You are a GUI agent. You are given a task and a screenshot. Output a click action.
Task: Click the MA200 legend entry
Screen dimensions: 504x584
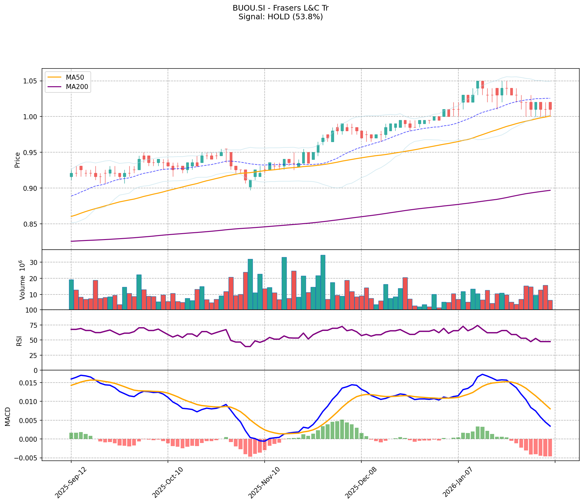coord(76,87)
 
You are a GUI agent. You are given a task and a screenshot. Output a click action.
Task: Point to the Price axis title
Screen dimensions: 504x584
coord(17,160)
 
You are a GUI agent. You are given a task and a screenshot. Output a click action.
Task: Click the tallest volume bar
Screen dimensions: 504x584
coord(323,282)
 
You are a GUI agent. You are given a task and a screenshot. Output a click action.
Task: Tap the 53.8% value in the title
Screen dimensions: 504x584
coord(311,17)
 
